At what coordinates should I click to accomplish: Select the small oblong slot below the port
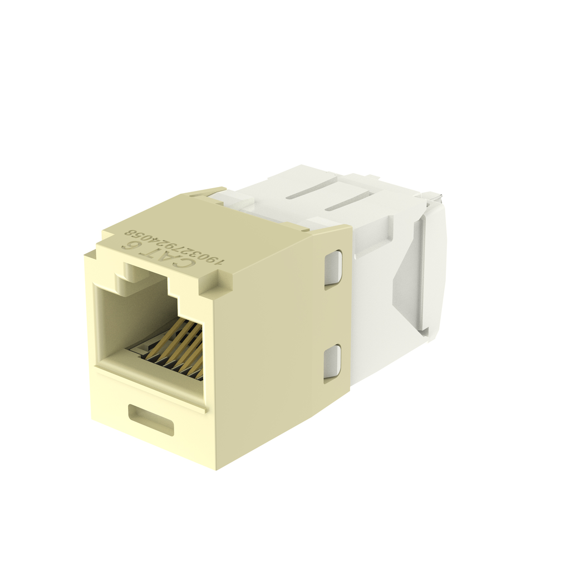pos(151,419)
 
